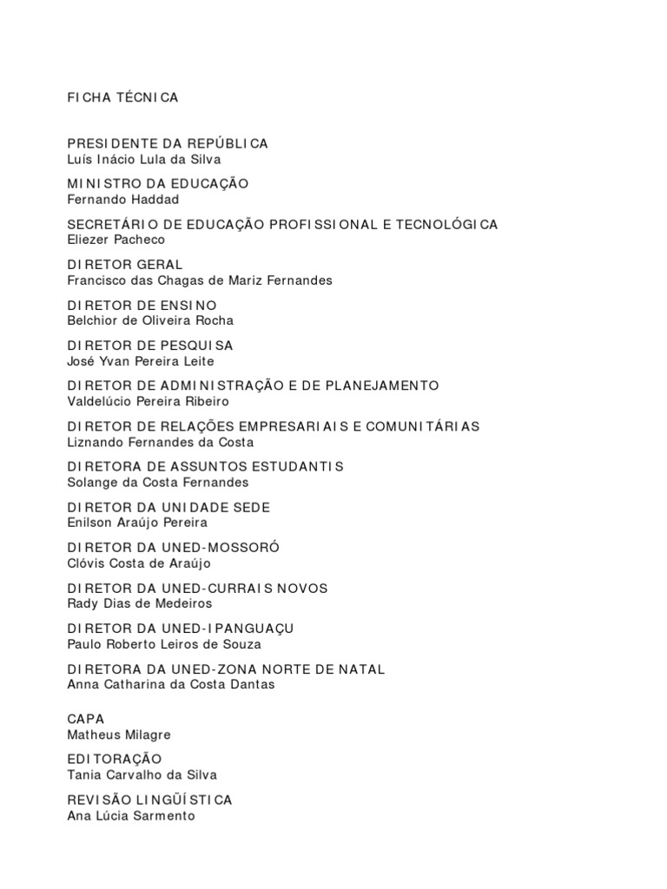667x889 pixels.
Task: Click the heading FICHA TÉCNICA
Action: click(x=122, y=97)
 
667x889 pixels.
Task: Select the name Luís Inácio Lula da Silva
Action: click(x=143, y=159)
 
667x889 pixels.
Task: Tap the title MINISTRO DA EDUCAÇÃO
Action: click(x=158, y=184)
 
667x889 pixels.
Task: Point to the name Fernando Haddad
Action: click(x=122, y=200)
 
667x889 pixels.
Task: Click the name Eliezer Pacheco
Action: click(x=116, y=240)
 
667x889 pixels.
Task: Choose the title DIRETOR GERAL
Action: click(x=125, y=265)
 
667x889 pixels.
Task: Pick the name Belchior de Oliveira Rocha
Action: click(x=150, y=320)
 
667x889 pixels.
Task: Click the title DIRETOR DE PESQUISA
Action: click(x=150, y=346)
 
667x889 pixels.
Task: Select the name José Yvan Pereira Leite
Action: click(x=140, y=361)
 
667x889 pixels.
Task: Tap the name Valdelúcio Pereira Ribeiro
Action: click(x=149, y=401)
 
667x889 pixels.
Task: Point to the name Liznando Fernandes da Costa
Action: click(x=154, y=442)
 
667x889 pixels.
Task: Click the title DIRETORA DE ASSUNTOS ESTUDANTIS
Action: click(x=205, y=467)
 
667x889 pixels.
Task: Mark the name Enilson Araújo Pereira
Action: click(x=137, y=523)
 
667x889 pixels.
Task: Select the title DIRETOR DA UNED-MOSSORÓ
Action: click(x=174, y=548)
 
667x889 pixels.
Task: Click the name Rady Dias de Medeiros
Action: click(x=139, y=603)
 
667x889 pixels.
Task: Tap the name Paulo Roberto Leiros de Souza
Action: click(x=164, y=643)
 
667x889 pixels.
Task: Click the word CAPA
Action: click(x=86, y=719)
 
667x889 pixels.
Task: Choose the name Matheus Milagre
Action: click(x=119, y=734)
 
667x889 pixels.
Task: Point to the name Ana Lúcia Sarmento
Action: click(x=131, y=815)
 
